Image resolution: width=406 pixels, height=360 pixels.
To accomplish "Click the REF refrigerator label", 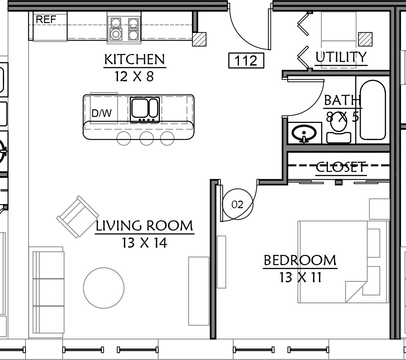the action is click(46, 19).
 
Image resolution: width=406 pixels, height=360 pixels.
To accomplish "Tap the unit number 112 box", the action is click(246, 60).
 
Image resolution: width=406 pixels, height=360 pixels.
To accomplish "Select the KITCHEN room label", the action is click(135, 59).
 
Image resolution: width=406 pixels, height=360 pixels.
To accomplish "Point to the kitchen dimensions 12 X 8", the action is click(134, 76).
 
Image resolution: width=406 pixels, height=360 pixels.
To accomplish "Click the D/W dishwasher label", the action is click(101, 113).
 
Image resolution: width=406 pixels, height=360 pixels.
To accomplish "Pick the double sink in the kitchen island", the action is click(145, 110).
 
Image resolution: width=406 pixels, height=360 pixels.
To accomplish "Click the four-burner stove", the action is click(124, 28).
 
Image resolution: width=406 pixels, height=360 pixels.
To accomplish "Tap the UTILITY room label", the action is click(341, 57).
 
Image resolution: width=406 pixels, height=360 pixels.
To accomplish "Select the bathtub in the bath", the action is click(373, 110).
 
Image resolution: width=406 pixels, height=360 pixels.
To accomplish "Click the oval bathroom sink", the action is click(304, 133).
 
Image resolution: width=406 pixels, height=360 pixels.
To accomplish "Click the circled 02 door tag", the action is click(238, 204).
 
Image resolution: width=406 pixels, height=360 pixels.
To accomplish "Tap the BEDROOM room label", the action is click(300, 260).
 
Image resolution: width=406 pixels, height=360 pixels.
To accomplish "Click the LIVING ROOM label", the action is click(144, 226).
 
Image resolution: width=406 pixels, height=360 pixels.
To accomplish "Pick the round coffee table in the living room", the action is click(103, 288).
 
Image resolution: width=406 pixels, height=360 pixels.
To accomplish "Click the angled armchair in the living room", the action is click(77, 217).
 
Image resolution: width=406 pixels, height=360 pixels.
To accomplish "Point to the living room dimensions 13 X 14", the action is click(144, 243).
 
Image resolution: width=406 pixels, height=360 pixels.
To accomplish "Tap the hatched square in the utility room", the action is click(365, 39).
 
